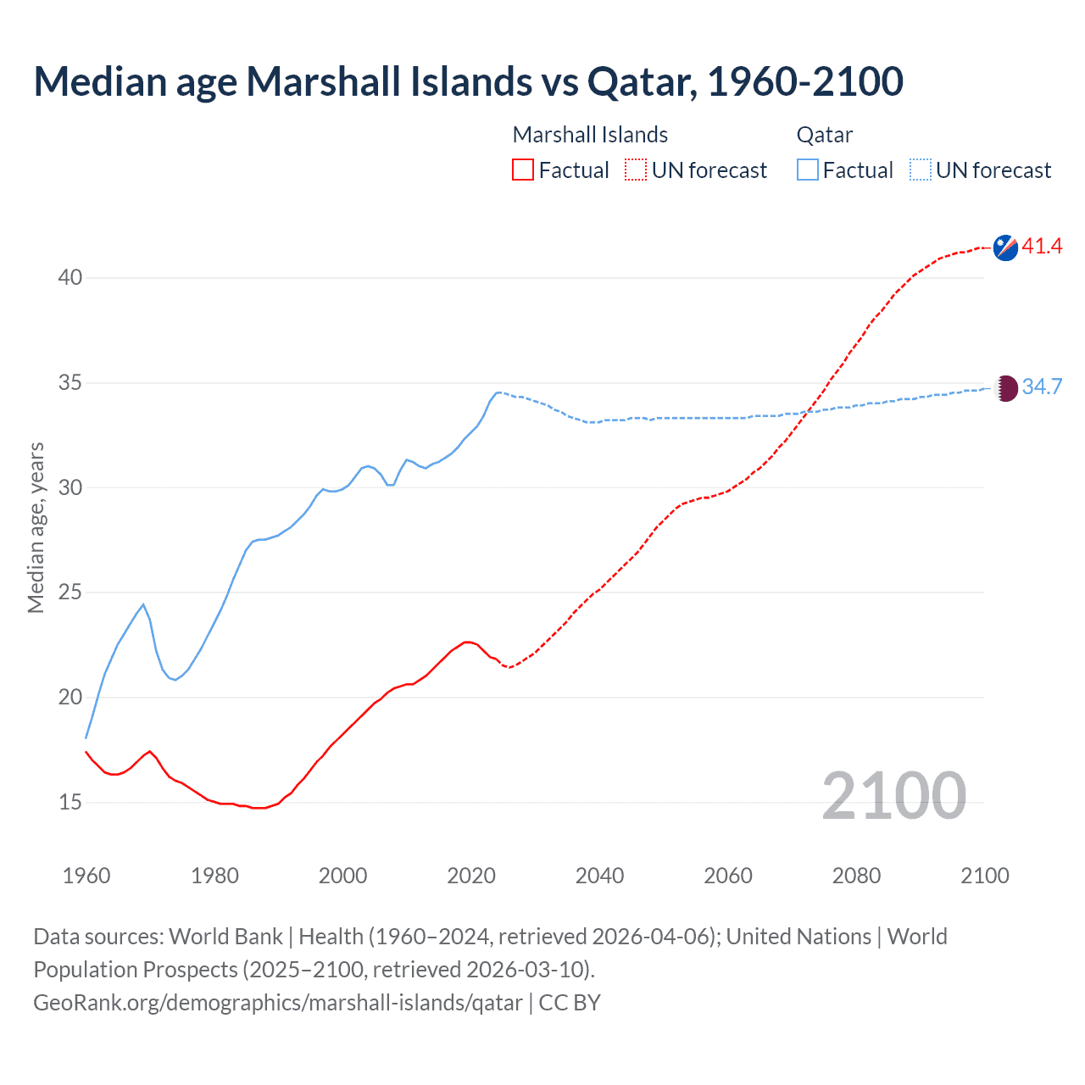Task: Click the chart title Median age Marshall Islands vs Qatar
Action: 468,82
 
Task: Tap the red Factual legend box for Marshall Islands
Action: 523,170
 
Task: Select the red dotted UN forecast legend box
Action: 636,170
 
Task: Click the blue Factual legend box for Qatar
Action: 807,170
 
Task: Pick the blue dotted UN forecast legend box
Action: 920,170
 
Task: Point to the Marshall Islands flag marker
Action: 1005,248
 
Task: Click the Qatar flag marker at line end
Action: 1005,388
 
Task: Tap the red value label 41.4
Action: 1042,247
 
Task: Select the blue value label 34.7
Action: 1042,387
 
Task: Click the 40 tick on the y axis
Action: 70,278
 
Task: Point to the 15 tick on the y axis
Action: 70,802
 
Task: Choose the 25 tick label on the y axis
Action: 70,593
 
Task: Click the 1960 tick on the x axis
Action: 86,876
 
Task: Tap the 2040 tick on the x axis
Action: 599,876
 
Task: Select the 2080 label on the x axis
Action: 856,876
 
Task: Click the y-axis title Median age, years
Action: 36,527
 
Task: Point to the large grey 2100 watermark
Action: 893,796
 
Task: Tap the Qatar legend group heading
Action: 824,135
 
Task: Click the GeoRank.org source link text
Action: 278,1003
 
